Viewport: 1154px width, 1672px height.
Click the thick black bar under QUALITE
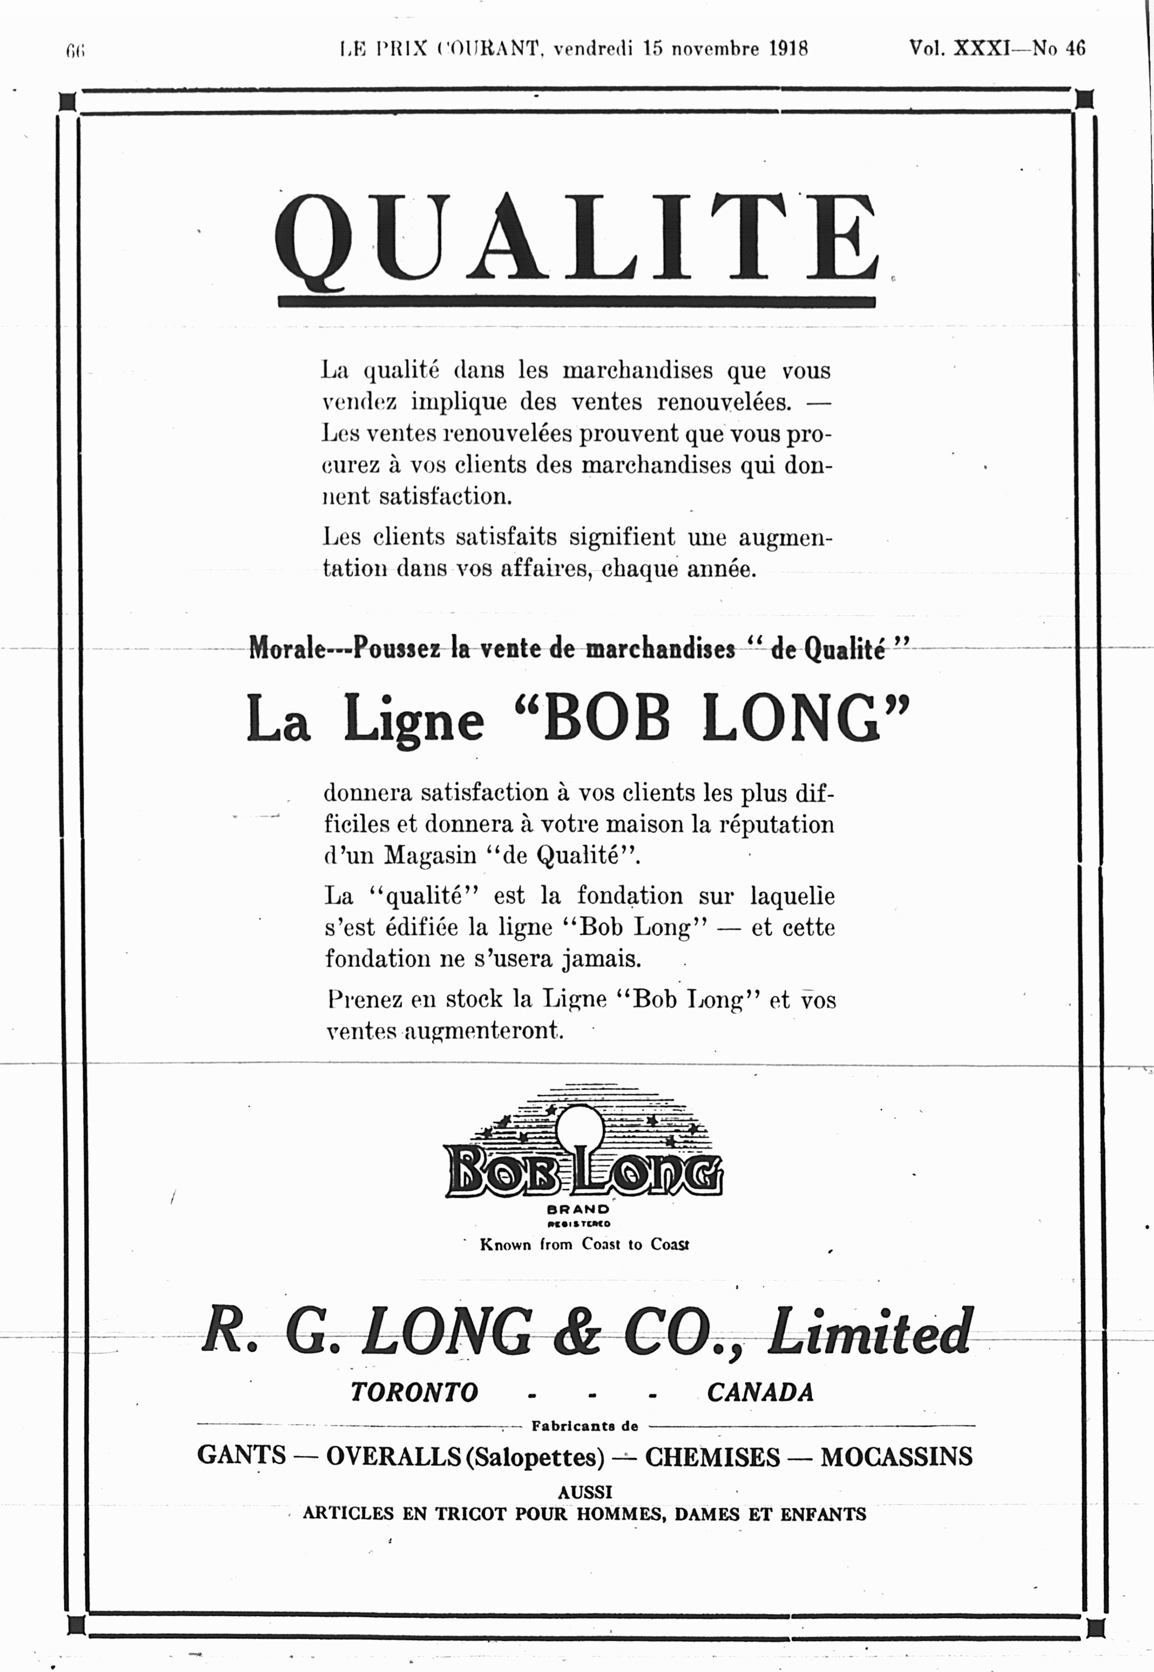[576, 302]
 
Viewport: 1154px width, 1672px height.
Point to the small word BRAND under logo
[579, 1209]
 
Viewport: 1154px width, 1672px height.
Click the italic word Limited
[869, 1331]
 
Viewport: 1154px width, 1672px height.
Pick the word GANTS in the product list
[242, 1455]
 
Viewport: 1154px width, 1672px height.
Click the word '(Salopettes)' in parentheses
[534, 1456]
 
